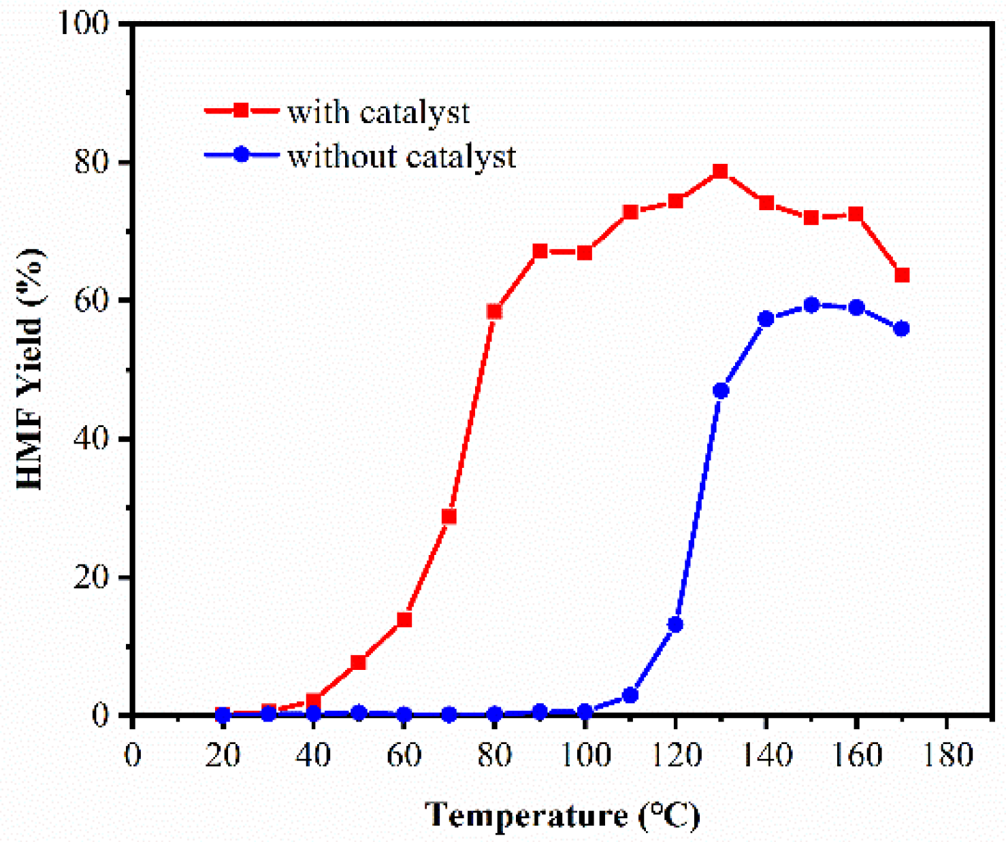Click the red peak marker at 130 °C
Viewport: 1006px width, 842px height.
point(720,171)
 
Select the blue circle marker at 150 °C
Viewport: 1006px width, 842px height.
point(811,305)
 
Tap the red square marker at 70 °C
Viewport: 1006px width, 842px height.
point(449,517)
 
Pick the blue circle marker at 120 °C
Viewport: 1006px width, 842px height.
point(675,624)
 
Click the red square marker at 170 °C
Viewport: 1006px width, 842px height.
point(902,275)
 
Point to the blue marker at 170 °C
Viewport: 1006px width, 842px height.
point(902,329)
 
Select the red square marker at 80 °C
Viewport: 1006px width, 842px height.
point(494,312)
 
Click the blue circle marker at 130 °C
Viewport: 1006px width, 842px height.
point(720,390)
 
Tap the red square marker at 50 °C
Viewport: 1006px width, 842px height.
point(358,662)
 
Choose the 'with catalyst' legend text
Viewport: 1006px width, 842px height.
point(378,113)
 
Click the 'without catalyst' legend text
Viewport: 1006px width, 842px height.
point(402,157)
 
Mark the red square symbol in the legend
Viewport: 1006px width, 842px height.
point(241,111)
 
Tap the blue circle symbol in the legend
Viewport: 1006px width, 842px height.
point(241,154)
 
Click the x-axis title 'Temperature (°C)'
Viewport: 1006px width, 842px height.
point(562,815)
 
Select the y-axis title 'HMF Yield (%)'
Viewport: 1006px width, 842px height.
point(31,368)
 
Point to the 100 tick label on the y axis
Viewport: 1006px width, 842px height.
point(83,23)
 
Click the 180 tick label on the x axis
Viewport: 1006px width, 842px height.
point(947,755)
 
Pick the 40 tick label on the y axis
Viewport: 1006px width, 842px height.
point(91,439)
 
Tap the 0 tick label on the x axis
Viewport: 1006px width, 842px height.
point(132,755)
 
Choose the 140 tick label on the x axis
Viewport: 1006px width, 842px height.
point(766,755)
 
